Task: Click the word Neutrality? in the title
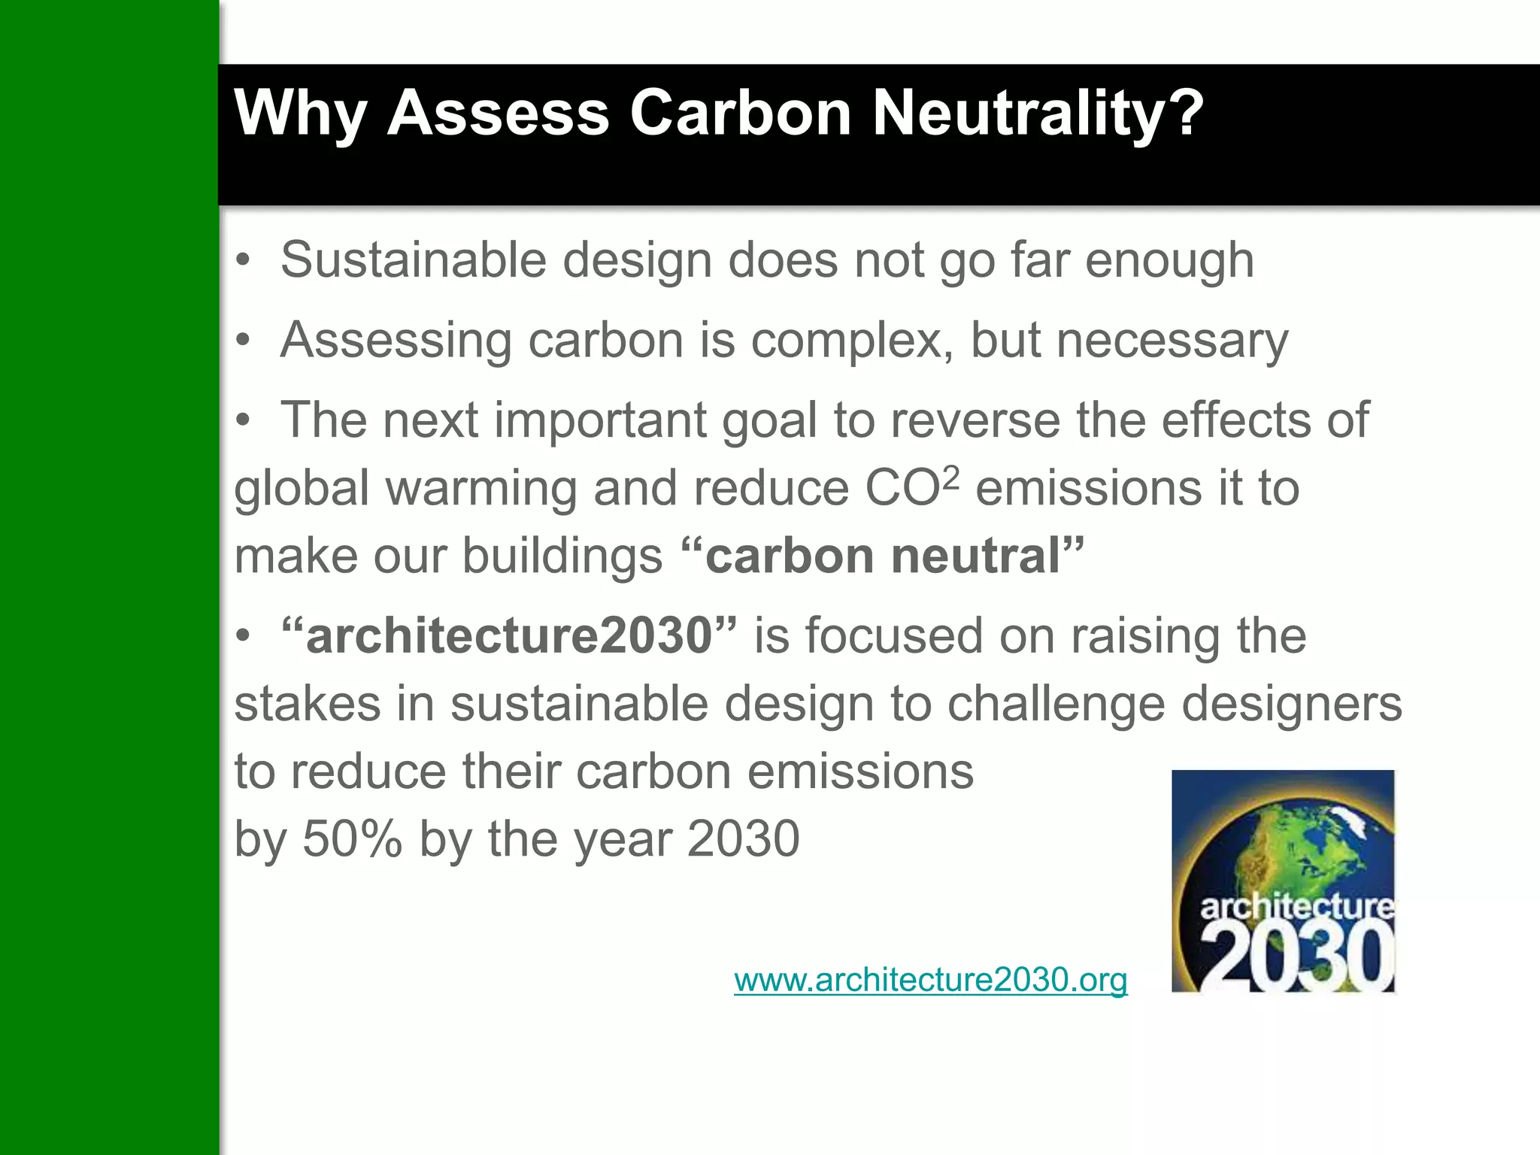pyautogui.click(x=1037, y=114)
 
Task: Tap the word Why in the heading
pyautogui.click(x=300, y=114)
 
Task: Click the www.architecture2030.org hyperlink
pyautogui.click(x=930, y=980)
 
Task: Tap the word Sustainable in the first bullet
pyautogui.click(x=413, y=260)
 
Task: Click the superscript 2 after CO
pyautogui.click(x=950, y=477)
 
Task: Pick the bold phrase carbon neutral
pyautogui.click(x=882, y=556)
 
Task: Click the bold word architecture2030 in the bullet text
pyautogui.click(x=509, y=636)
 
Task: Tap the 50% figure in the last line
pyautogui.click(x=352, y=839)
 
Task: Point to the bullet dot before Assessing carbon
pyautogui.click(x=242, y=341)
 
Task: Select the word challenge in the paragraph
pyautogui.click(x=1056, y=705)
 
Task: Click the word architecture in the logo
pyautogui.click(x=1296, y=907)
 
